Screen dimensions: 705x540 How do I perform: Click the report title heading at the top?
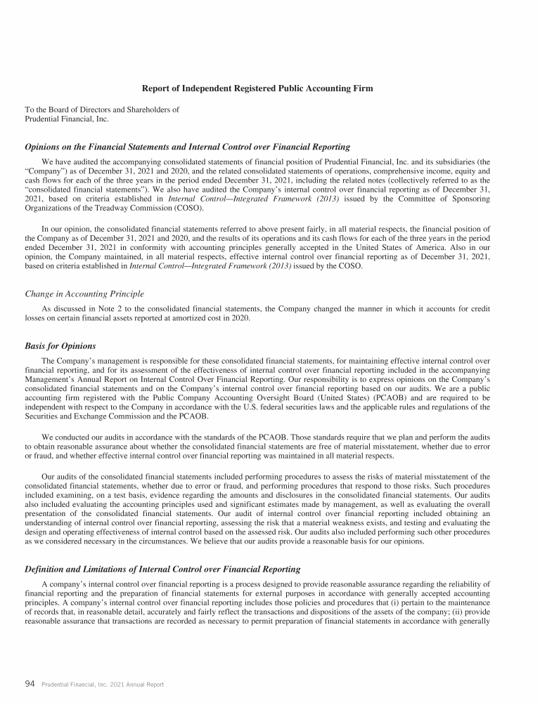click(257, 88)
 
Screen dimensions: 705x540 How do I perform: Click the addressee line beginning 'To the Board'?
click(102, 110)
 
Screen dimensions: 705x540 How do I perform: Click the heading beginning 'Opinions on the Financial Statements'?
click(187, 147)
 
